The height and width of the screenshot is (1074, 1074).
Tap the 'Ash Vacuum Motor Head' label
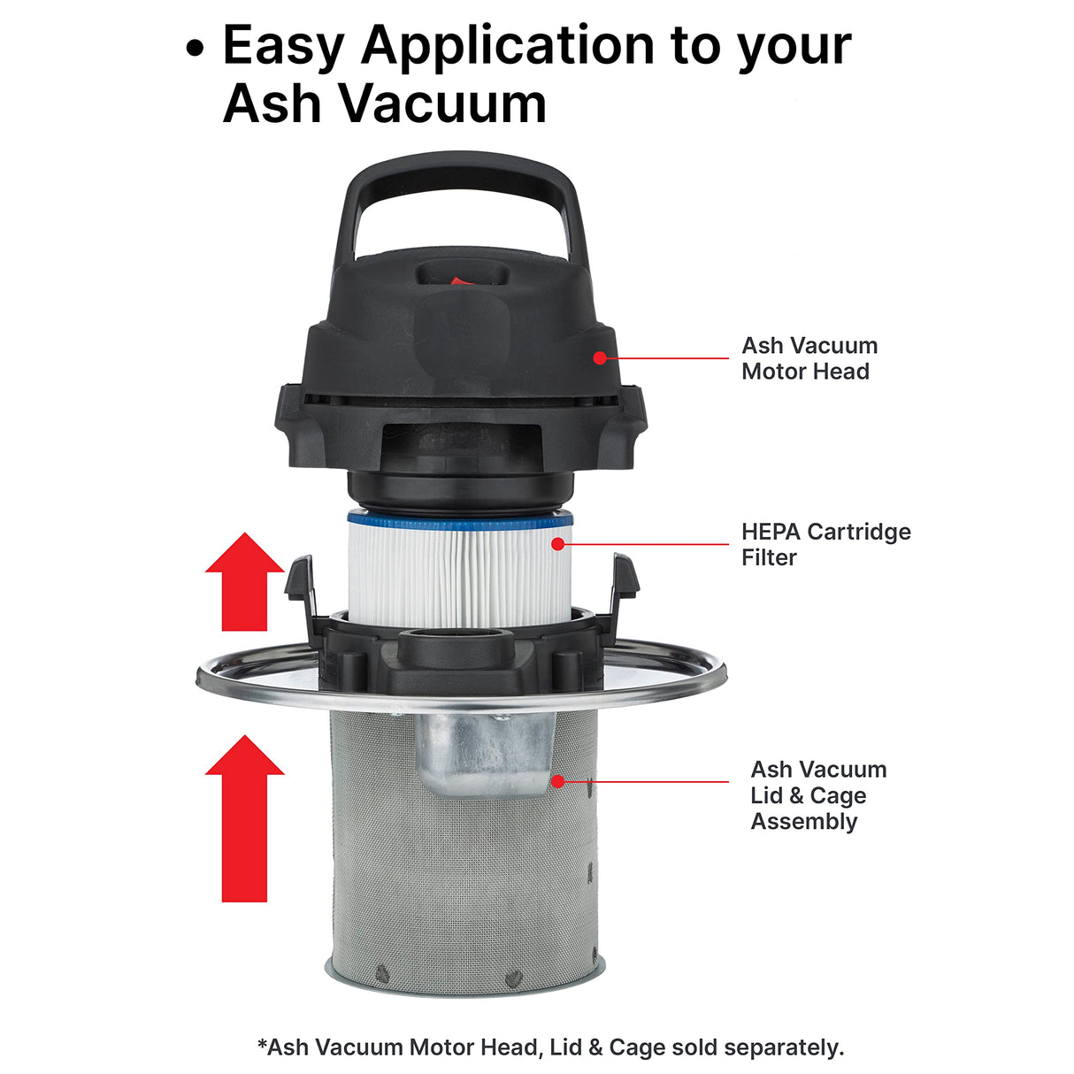(809, 358)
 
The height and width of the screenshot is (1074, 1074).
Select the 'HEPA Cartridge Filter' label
(825, 544)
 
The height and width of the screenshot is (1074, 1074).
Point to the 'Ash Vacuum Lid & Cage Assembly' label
(817, 794)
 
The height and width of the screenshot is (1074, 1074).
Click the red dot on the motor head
(600, 358)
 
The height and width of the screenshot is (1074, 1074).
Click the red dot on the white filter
(557, 543)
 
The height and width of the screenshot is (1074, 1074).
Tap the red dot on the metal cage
(557, 781)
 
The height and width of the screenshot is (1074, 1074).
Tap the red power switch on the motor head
(458, 282)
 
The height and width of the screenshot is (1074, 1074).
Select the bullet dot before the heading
(196, 49)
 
